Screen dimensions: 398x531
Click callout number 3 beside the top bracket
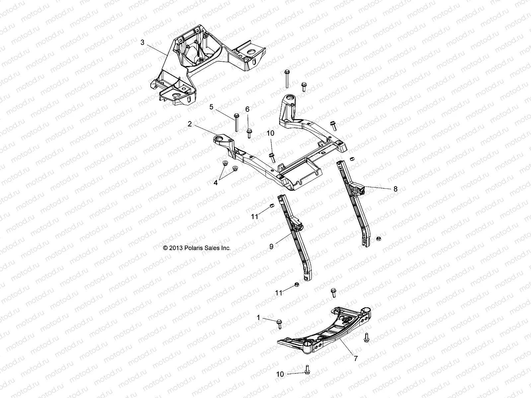coord(142,42)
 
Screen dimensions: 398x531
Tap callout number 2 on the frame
coord(190,124)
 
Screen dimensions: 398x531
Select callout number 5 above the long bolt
coord(211,107)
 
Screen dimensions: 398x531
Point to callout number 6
coord(247,109)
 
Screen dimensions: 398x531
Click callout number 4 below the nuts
coord(216,183)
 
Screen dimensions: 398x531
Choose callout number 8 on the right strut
coord(395,189)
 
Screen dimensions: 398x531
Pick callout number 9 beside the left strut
coord(271,246)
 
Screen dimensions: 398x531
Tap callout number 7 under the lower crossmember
coord(356,359)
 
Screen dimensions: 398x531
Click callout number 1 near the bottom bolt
coord(259,317)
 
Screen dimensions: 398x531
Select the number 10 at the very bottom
coord(280,374)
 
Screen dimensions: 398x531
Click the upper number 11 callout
coord(255,216)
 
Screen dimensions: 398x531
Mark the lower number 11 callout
coord(279,293)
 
